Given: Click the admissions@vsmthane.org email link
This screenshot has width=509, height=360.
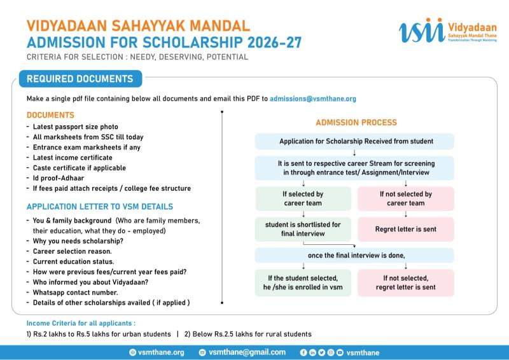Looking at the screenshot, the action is click(313, 99).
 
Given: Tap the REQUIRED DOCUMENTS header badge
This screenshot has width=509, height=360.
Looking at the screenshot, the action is click(81, 79).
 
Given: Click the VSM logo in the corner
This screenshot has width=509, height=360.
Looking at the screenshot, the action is click(448, 30).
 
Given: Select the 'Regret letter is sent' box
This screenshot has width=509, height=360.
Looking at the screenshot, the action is click(406, 229).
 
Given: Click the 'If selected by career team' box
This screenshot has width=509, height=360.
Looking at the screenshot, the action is click(303, 198).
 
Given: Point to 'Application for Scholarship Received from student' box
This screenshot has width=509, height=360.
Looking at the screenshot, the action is click(354, 141).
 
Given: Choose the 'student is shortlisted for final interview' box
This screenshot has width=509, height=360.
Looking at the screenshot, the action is click(303, 229).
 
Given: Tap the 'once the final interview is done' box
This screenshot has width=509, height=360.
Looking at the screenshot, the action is click(354, 256).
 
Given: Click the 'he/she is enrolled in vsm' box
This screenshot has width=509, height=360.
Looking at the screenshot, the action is click(303, 283).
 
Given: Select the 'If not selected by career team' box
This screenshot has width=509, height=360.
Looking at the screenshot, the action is click(406, 198).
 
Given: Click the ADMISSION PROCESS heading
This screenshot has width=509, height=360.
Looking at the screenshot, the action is click(356, 122).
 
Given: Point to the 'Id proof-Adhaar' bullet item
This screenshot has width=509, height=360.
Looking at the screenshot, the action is click(59, 178).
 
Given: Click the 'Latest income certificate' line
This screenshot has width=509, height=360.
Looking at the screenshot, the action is click(73, 158).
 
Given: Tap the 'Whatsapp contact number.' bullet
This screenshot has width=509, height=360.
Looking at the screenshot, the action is click(75, 293).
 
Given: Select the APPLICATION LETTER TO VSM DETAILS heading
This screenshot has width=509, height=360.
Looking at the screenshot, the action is click(100, 207).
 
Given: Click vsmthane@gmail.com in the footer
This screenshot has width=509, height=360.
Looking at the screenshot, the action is click(247, 352).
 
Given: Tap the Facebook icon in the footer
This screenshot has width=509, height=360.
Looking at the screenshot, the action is click(303, 352).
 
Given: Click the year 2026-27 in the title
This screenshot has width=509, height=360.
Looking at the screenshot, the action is click(275, 43).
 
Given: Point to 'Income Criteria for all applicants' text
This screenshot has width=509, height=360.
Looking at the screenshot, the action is click(81, 323).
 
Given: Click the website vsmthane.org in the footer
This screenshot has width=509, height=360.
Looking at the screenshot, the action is click(161, 352).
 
